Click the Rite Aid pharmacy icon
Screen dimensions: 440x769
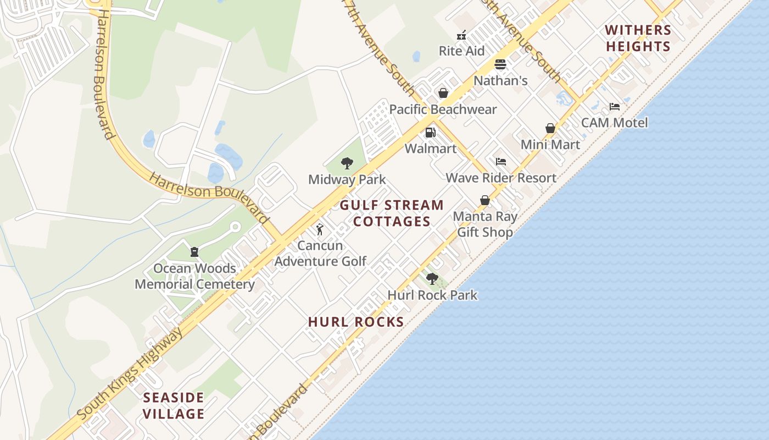click(461, 36)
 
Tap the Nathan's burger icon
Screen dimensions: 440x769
click(500, 64)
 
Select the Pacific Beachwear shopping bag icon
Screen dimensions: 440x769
click(443, 93)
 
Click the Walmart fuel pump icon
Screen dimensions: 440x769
click(430, 133)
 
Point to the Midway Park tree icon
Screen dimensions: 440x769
click(347, 163)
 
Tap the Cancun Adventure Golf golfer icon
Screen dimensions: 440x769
click(320, 229)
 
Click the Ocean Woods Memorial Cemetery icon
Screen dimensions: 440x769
click(194, 252)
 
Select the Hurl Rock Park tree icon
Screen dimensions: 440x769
click(432, 278)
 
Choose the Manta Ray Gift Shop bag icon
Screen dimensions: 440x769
click(485, 200)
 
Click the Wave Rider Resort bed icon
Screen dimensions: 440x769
click(501, 162)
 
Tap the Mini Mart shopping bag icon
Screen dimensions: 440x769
click(550, 128)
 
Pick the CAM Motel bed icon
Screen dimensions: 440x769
click(615, 107)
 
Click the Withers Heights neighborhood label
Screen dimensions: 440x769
click(638, 38)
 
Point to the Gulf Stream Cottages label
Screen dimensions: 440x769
click(392, 213)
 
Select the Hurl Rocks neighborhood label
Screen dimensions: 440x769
click(356, 322)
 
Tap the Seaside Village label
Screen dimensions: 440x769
click(174, 405)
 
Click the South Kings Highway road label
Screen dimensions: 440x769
click(130, 374)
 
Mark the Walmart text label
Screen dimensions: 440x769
click(431, 148)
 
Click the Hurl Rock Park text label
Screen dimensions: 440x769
click(432, 295)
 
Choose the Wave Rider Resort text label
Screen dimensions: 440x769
click(501, 178)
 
